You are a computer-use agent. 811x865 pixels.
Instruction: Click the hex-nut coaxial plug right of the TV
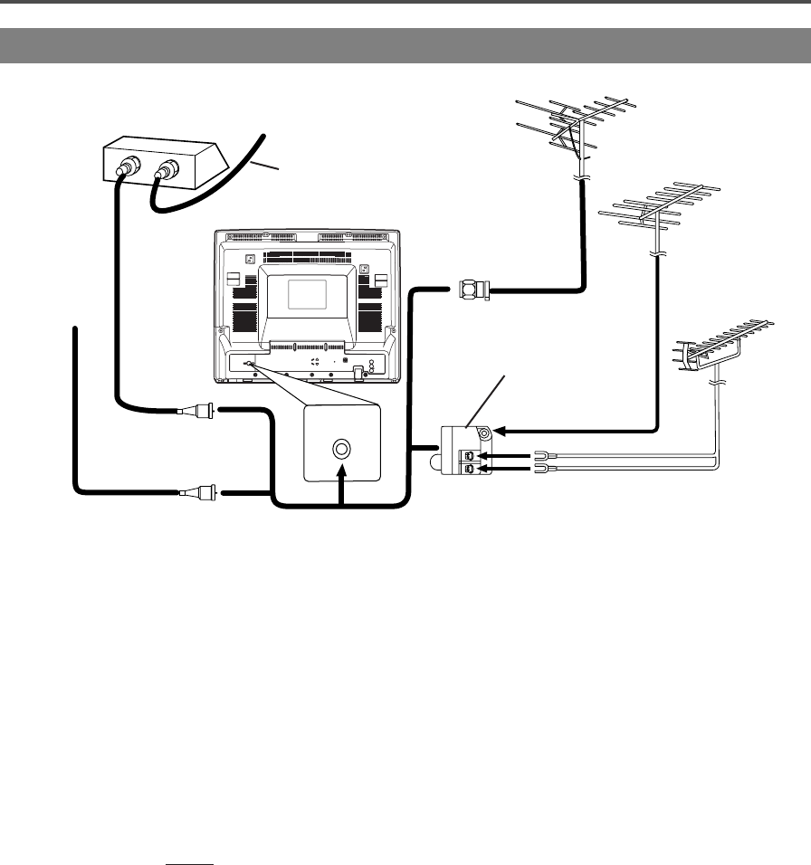(472, 290)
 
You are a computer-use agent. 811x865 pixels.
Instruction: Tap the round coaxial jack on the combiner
(485, 433)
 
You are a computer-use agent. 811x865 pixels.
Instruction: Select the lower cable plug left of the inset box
(198, 493)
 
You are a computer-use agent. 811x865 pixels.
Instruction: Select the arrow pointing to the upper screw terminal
(507, 455)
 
